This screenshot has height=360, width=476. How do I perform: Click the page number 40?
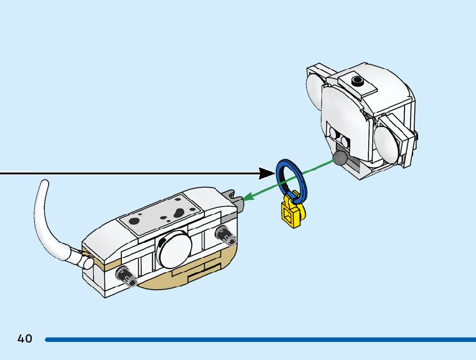(25, 339)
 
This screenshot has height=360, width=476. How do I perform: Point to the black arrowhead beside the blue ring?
(268, 171)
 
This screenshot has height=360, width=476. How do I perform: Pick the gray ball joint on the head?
(340, 158)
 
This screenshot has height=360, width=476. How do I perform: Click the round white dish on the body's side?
(176, 249)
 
